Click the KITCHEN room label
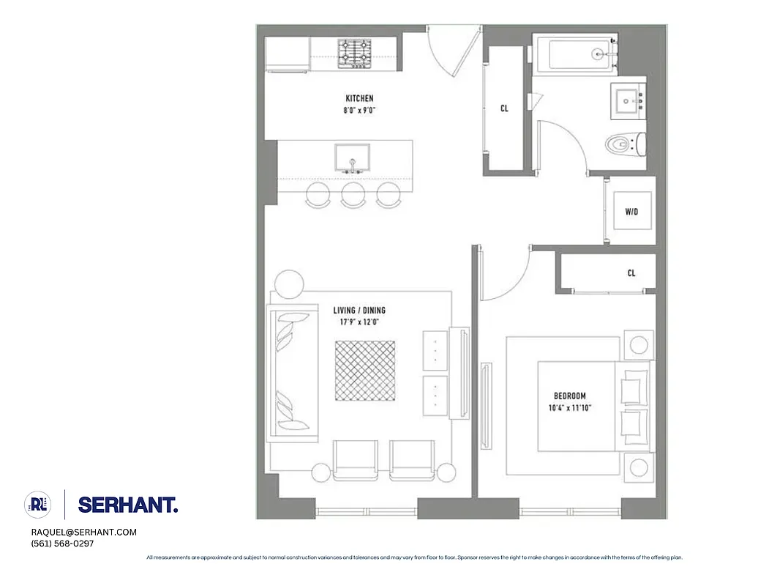click(x=359, y=98)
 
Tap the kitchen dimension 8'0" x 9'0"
click(x=359, y=111)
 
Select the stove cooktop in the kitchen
click(x=354, y=53)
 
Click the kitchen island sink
click(x=352, y=157)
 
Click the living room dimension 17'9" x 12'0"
click(x=359, y=322)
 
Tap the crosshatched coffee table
click(x=365, y=371)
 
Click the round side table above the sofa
click(x=288, y=283)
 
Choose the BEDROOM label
click(x=569, y=396)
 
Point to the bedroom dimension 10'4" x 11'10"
click(x=569, y=408)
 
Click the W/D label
click(x=631, y=212)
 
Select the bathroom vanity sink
click(x=626, y=102)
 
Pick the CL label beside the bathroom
click(x=504, y=108)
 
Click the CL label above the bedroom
click(x=631, y=273)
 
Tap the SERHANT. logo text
click(x=127, y=505)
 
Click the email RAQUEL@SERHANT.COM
click(x=83, y=533)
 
